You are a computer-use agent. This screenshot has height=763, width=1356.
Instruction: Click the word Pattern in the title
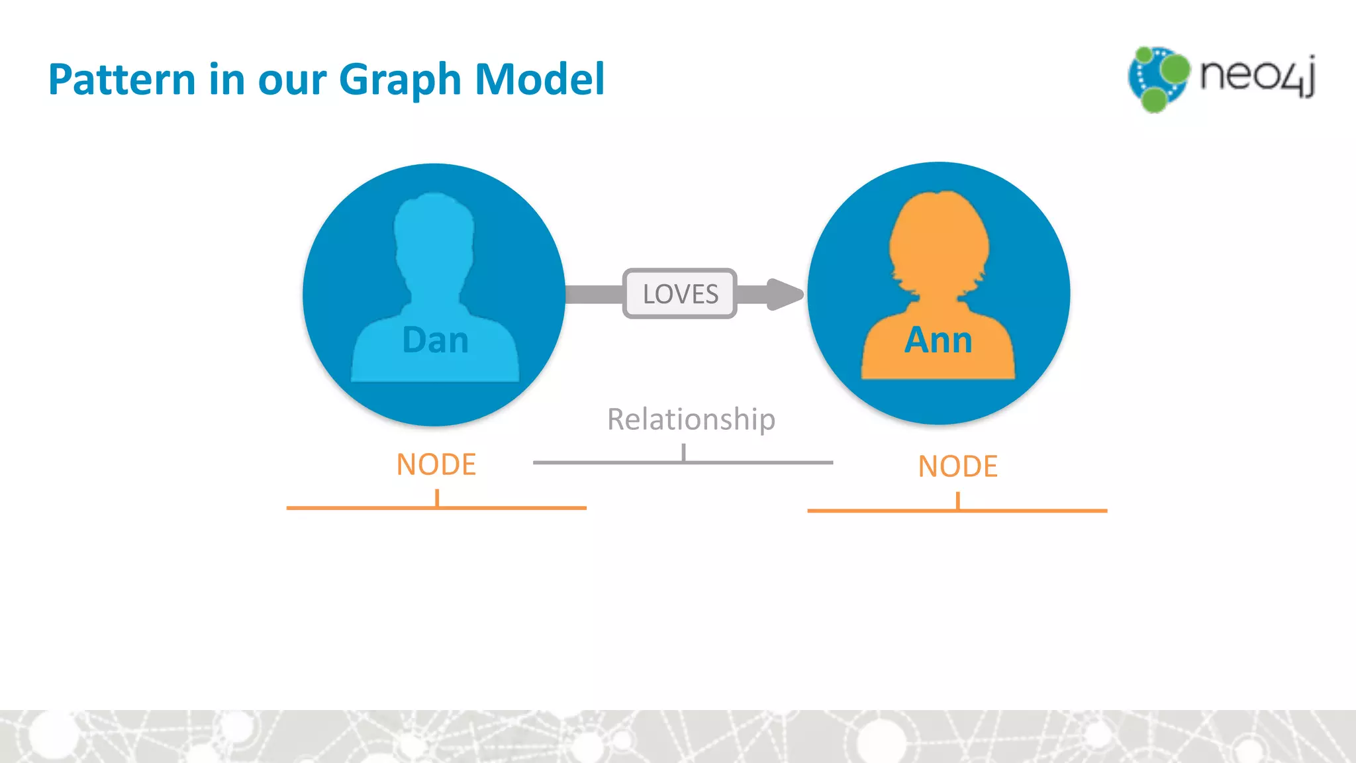(122, 79)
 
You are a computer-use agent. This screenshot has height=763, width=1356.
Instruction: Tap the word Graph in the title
(400, 81)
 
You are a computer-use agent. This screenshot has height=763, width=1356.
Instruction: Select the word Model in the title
(540, 79)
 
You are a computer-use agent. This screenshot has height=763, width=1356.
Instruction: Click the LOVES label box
(680, 293)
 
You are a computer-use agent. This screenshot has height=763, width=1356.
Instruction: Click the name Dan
(435, 340)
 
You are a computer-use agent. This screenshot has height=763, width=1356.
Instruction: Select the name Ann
(938, 340)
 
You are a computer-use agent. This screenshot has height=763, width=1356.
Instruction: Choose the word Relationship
(691, 419)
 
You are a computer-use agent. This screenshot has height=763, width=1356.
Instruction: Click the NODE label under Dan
(436, 464)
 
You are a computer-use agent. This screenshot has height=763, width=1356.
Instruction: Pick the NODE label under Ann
(957, 466)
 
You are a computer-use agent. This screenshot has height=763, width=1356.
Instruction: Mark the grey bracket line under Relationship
(683, 462)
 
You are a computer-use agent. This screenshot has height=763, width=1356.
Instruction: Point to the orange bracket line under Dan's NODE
(436, 508)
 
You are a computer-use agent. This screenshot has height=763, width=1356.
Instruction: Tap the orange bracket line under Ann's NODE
(957, 511)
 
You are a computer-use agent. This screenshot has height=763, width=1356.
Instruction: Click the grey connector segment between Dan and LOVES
(594, 294)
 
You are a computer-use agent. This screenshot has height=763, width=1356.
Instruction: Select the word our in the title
(292, 81)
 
